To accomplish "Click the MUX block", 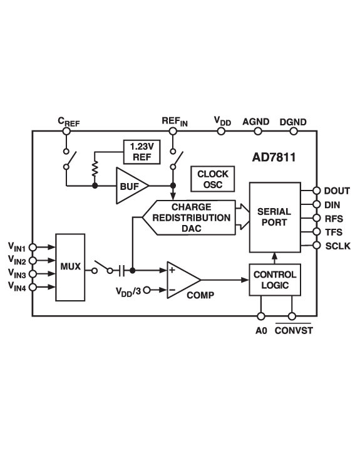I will (70, 267).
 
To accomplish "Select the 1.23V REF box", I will (141, 152).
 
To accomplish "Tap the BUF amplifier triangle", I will (130, 186).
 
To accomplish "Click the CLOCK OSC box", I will (213, 179).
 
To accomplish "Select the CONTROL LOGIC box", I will (275, 280).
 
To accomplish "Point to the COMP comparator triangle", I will (181, 280).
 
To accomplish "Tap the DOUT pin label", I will (337, 191).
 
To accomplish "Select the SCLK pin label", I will (338, 246).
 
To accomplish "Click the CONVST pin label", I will (293, 330).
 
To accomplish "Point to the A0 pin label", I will (261, 330).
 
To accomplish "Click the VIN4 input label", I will (17, 287).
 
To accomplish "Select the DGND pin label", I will (293, 122).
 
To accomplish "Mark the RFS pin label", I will (334, 219).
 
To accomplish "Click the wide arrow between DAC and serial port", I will (241, 217).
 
